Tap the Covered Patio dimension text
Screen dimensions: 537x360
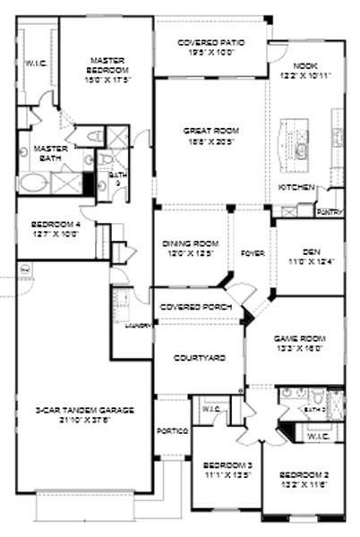pyautogui.click(x=211, y=54)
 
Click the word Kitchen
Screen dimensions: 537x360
pyautogui.click(x=296, y=187)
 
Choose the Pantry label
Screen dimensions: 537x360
pyautogui.click(x=328, y=211)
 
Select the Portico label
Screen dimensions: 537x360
pyautogui.click(x=173, y=430)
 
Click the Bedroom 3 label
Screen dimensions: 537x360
pyautogui.click(x=220, y=465)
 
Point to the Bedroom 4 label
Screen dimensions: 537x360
pyautogui.click(x=56, y=225)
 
